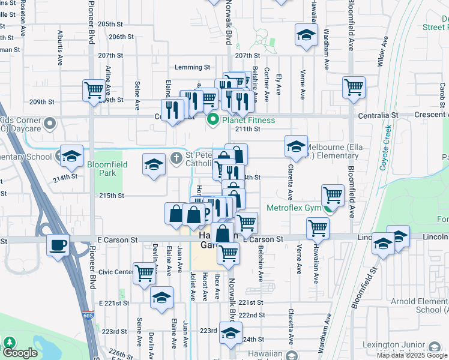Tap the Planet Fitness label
click(248, 121)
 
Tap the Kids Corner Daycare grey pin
click(50, 124)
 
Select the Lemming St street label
click(192, 68)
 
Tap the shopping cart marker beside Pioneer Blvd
click(94, 91)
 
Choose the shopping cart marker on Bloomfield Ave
click(354, 87)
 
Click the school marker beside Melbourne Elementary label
click(295, 146)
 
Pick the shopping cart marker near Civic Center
click(145, 272)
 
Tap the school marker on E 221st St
click(161, 297)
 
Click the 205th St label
click(110, 24)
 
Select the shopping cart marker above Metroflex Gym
click(332, 194)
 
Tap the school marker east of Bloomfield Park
click(154, 164)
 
